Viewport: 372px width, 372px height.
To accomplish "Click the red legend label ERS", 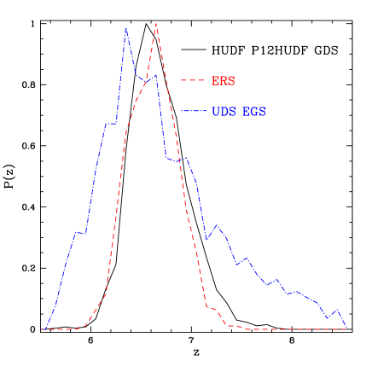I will click(223, 81).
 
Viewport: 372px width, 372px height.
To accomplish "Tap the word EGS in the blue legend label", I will click(254, 112).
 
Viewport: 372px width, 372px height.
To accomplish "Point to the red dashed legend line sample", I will click(193, 81).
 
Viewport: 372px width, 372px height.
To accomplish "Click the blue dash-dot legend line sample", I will click(193, 112).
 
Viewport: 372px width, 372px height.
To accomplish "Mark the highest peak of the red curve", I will click(156, 24).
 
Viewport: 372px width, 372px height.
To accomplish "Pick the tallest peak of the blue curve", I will click(126, 28).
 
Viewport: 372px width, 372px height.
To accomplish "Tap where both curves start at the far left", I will click(43, 328).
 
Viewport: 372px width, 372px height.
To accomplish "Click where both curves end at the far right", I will click(346, 328).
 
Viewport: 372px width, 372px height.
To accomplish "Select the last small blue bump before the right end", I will click(337, 310).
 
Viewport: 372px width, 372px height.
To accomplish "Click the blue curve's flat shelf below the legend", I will click(176, 160).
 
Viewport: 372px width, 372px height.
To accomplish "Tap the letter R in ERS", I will click(223, 81).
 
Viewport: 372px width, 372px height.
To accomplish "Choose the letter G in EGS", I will click(254, 112).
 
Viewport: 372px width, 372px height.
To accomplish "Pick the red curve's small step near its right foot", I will click(212, 309).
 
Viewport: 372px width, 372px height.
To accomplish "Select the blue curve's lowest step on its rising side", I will click(80, 232).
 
